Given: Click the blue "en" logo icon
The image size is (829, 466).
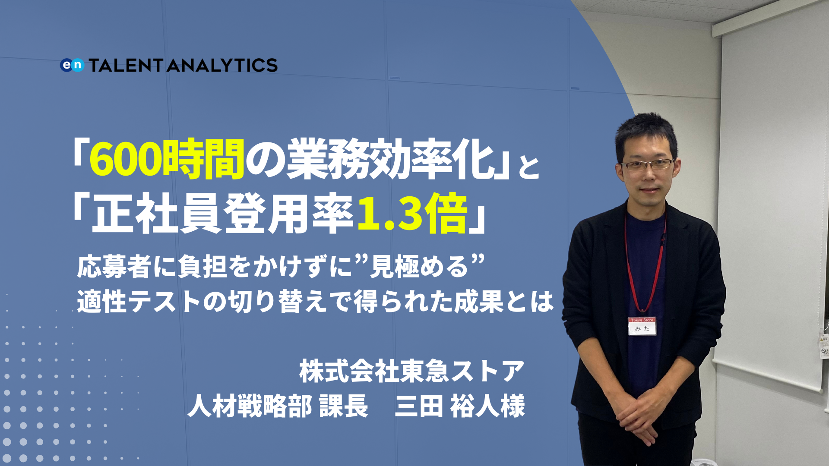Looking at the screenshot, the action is pos(72,65).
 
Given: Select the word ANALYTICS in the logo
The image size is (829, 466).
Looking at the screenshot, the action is pos(222,65).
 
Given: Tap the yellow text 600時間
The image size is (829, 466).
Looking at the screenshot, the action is pos(167,159).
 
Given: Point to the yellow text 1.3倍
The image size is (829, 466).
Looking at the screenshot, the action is pos(412,214).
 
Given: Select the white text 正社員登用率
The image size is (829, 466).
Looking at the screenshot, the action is pos(222,214).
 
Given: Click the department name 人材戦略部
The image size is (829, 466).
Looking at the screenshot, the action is pos(250,406).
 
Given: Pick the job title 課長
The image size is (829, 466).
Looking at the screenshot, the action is pos(344,406).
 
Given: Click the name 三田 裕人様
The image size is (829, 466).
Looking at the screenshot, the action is pos(460,406).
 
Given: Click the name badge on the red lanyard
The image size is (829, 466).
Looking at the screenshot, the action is pos(642,326).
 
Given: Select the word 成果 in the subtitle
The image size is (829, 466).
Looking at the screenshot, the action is pos(479,302).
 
